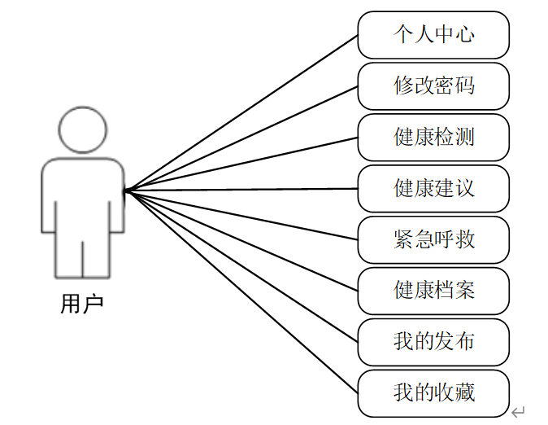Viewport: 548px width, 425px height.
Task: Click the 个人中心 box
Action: (433, 34)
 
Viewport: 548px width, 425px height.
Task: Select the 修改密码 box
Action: (433, 85)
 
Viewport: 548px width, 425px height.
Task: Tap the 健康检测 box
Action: (433, 137)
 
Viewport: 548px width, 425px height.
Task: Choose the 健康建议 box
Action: (433, 188)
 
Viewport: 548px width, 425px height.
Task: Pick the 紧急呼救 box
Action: (433, 239)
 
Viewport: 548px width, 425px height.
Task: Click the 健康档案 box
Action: (433, 290)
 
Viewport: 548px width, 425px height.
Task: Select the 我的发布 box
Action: (433, 341)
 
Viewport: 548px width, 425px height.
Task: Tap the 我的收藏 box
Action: (433, 392)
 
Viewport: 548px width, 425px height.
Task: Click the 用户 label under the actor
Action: (82, 304)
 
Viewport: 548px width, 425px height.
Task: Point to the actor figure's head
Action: (83, 129)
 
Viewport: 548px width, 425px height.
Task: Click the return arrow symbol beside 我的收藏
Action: (519, 411)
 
